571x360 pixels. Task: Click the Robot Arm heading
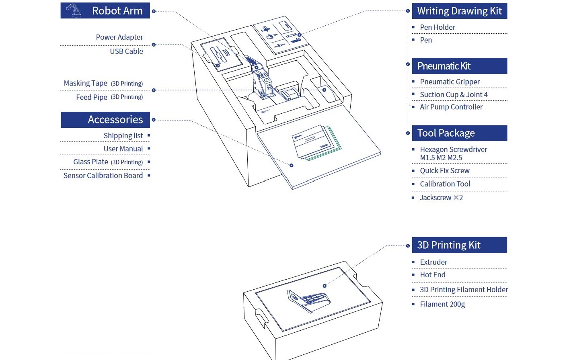pyautogui.click(x=117, y=11)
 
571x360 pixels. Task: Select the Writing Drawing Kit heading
pyautogui.click(x=459, y=11)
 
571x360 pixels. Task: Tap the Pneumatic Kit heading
pyautogui.click(x=444, y=66)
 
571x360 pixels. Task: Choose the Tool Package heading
pyautogui.click(x=446, y=133)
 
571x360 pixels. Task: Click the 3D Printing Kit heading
pyautogui.click(x=448, y=245)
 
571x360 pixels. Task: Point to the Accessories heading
pyautogui.click(x=115, y=120)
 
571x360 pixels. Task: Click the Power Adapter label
pyautogui.click(x=119, y=37)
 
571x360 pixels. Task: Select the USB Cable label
pyautogui.click(x=126, y=51)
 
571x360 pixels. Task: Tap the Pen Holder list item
pyautogui.click(x=437, y=27)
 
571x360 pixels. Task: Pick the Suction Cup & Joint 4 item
pyautogui.click(x=454, y=95)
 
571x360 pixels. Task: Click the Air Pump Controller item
pyautogui.click(x=451, y=107)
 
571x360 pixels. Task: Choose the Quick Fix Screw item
pyautogui.click(x=445, y=171)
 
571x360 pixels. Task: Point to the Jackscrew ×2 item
pyautogui.click(x=441, y=198)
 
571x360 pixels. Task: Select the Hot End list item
pyautogui.click(x=433, y=275)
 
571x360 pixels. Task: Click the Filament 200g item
pyautogui.click(x=442, y=304)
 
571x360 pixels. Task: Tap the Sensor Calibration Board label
pyautogui.click(x=103, y=176)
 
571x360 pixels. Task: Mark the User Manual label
pyautogui.click(x=123, y=149)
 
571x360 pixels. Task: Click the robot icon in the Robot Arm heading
pyautogui.click(x=73, y=10)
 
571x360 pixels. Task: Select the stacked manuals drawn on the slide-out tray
pyautogui.click(x=316, y=143)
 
